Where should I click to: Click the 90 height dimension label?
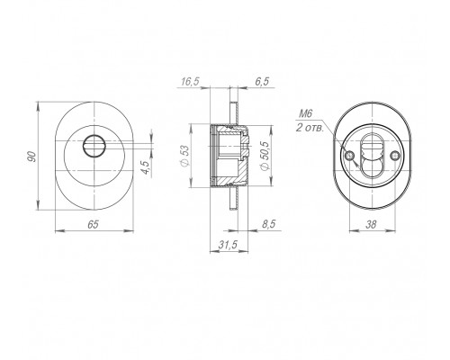tap(31, 157)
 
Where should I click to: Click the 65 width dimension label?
tap(93, 224)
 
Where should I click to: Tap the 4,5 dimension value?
tap(145, 167)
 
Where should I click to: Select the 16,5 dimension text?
tap(190, 82)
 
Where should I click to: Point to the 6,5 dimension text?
tap(262, 82)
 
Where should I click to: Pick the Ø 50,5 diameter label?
tap(265, 156)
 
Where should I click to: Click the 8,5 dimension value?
tap(268, 224)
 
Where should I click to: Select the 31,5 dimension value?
tap(228, 245)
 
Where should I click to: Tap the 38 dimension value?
tap(371, 224)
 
